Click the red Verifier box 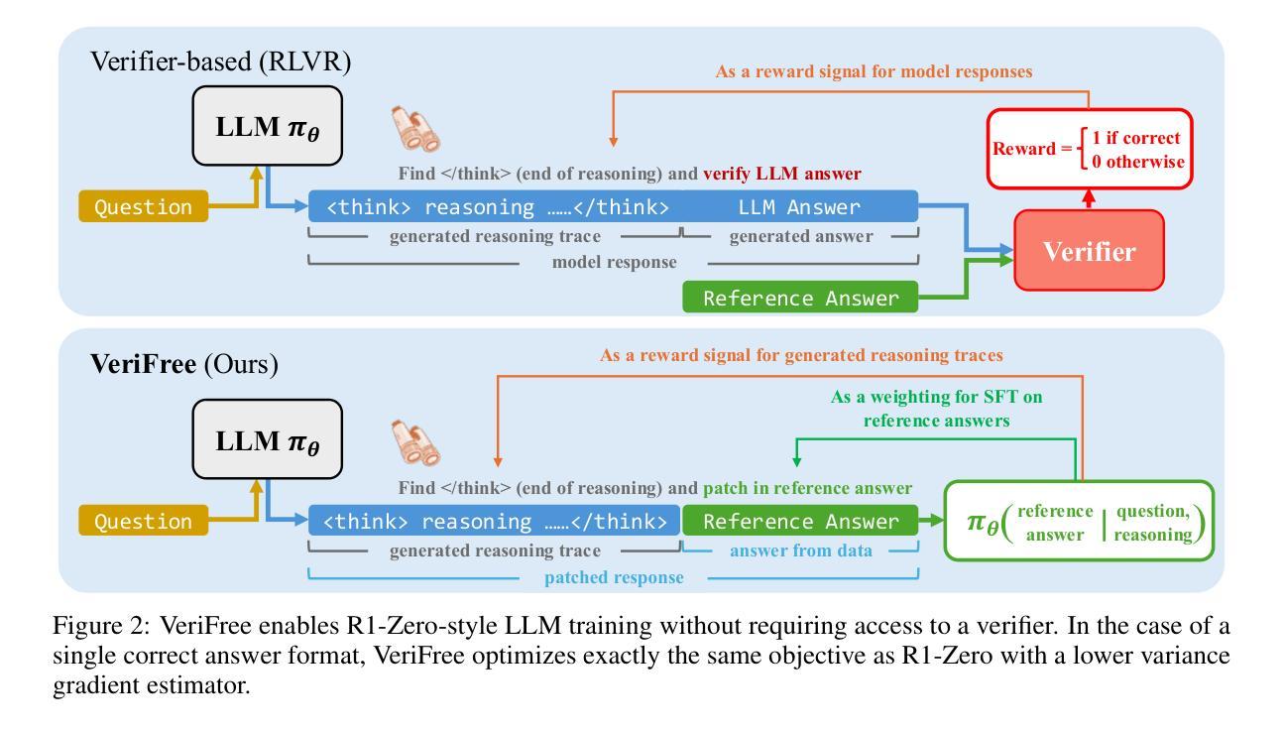tap(1089, 251)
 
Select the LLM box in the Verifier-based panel tap(267, 126)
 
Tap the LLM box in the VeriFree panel tap(267, 439)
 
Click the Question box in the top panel tap(144, 206)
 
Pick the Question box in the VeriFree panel tap(144, 521)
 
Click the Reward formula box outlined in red tap(1089, 149)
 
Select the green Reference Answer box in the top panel tap(800, 297)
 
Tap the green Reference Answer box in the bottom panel tap(800, 521)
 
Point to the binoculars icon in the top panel tap(415, 129)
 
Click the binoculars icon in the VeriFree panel tap(415, 442)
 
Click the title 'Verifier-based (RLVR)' tap(221, 61)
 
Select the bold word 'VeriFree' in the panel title tap(144, 364)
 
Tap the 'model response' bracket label tap(614, 262)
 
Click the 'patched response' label tap(614, 577)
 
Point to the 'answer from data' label tap(801, 550)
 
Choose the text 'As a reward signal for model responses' tap(874, 71)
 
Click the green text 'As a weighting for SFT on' tap(937, 397)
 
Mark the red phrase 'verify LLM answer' tap(782, 174)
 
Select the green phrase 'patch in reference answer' tap(808, 488)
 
